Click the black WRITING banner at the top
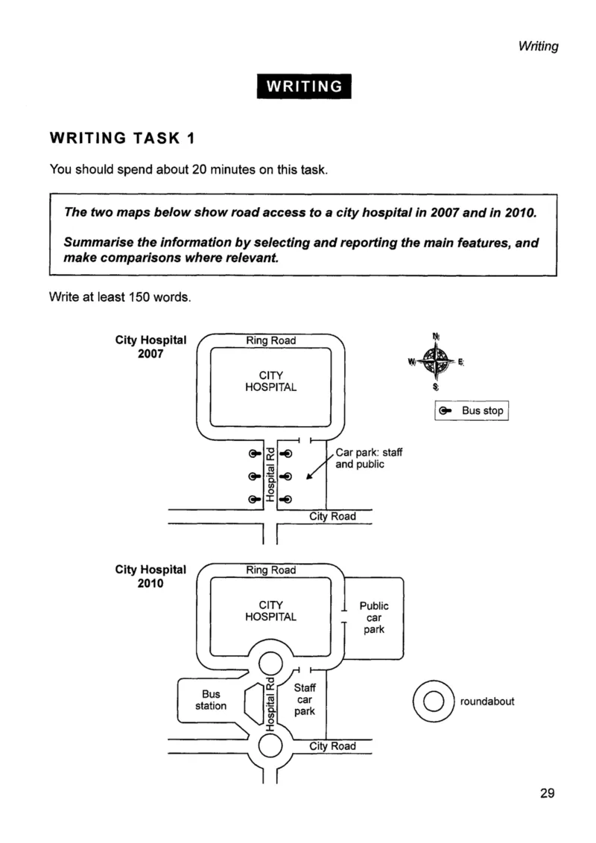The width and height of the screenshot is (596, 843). tap(304, 86)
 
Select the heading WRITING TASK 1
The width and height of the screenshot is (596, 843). tap(122, 139)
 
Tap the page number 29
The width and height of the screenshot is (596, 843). tap(547, 793)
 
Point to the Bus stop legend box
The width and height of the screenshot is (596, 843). tap(471, 411)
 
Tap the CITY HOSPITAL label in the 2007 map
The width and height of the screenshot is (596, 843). tap(270, 381)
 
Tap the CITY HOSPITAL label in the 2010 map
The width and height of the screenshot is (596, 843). tap(270, 611)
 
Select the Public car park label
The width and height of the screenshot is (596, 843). tap(374, 617)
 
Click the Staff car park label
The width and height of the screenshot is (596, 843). tap(305, 699)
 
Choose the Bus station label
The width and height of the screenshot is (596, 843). tap(211, 700)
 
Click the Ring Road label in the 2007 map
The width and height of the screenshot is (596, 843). tap(270, 340)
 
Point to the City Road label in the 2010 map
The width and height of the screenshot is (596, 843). tap(332, 746)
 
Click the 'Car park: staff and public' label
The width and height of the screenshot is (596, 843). tap(369, 458)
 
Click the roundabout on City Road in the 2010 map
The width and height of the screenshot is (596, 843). tap(270, 745)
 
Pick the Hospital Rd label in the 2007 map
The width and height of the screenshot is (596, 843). tap(270, 474)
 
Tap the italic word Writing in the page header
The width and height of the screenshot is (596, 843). tap(539, 46)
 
